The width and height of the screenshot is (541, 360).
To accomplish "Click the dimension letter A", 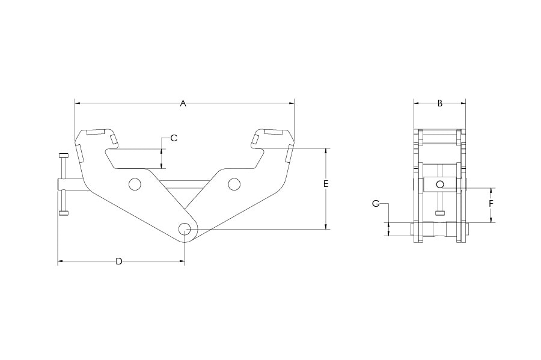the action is [x=183, y=103].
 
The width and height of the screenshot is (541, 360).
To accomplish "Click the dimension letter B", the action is [x=440, y=103].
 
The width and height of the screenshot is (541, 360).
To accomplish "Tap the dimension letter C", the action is [x=174, y=138].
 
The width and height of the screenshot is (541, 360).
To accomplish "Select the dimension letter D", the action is [x=119, y=261].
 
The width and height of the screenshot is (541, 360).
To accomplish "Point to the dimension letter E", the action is [x=326, y=184].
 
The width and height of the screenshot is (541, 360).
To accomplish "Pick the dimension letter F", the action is [x=491, y=204].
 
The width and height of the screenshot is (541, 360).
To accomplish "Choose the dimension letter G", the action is [x=376, y=204].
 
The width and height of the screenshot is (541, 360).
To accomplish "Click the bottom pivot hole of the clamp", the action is [x=185, y=228].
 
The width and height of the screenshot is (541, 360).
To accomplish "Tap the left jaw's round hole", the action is [x=135, y=184].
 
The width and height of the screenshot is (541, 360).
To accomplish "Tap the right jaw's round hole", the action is [x=234, y=184].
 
